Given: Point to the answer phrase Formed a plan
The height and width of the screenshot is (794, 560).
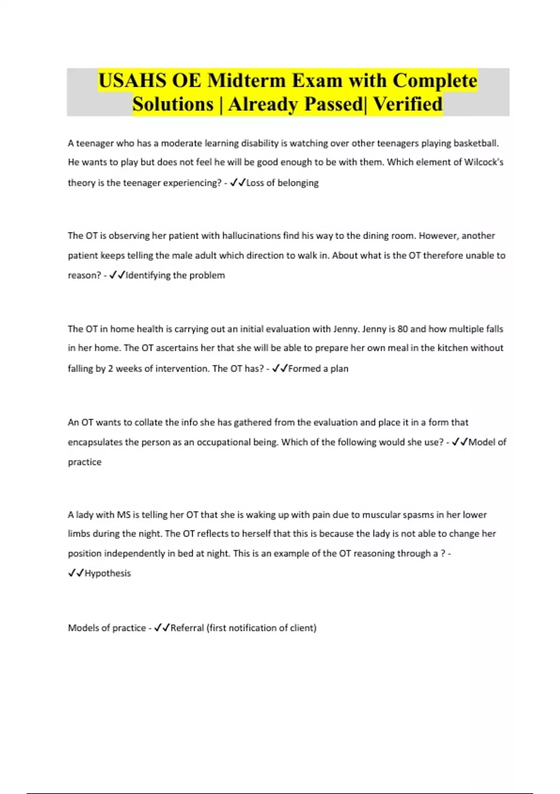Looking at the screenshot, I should (318, 369).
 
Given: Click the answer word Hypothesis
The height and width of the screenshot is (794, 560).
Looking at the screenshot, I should (107, 574).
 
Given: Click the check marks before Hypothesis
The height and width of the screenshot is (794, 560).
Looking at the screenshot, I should (76, 574).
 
